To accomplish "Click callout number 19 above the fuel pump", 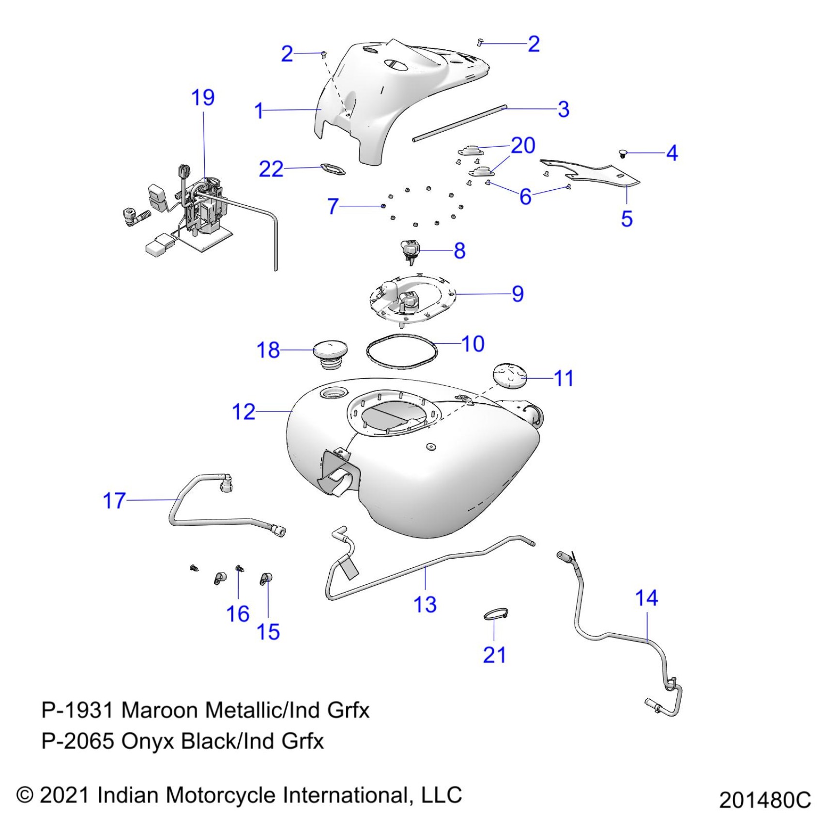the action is [x=203, y=98].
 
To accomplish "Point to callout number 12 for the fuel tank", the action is [x=244, y=412].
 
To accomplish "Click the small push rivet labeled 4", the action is [x=624, y=154].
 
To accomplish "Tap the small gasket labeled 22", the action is [x=333, y=169].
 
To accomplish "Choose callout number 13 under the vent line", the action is [x=425, y=605].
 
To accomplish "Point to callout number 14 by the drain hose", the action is [x=646, y=598].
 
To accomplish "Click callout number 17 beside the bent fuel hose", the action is [x=114, y=501].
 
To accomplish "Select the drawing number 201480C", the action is [x=764, y=800].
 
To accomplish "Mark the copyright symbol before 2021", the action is [x=25, y=795].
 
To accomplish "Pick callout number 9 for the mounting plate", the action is [x=518, y=294].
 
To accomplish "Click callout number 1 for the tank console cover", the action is [x=259, y=111].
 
